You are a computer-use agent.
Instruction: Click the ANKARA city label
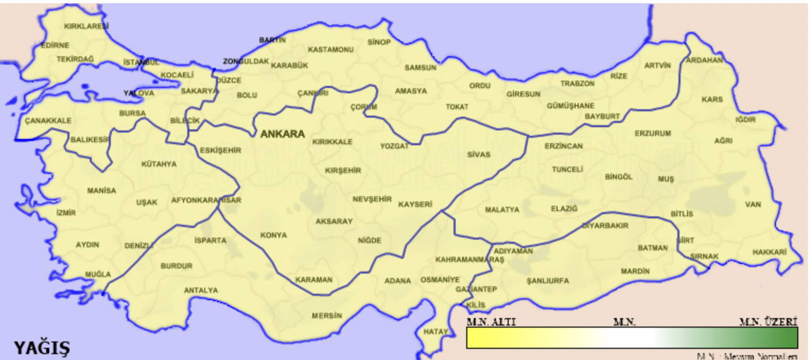coord(282,134)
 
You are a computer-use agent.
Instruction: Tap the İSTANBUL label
coord(141,63)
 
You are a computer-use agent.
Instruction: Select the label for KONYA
coord(273,235)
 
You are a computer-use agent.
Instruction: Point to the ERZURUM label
coord(653,134)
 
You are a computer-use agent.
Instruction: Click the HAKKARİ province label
coord(769,252)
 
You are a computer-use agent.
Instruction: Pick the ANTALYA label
coord(201,290)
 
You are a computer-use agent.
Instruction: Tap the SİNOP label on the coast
coord(379,42)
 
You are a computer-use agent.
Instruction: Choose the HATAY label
coord(436,332)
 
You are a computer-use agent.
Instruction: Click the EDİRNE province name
coord(55,46)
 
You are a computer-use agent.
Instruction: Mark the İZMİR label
coord(66,213)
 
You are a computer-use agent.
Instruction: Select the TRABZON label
coord(578,83)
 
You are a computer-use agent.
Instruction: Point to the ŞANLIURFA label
coord(548,280)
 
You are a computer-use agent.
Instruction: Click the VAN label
coord(753,205)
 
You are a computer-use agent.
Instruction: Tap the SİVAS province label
coord(478,155)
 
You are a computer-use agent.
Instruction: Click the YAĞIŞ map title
coord(41,348)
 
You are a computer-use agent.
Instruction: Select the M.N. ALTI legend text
coord(491,322)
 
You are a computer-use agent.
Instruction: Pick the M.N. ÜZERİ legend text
coord(769,322)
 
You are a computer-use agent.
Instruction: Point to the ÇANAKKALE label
coord(48,121)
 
